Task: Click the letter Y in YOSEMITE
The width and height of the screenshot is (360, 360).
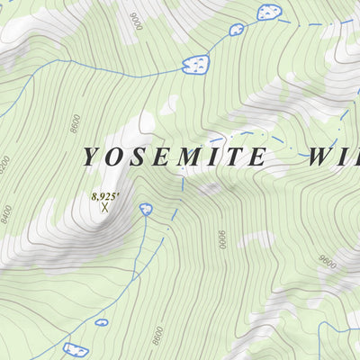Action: click(x=91, y=157)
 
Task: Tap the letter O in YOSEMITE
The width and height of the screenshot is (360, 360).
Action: click(x=115, y=157)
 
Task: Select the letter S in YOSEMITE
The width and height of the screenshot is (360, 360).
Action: click(x=139, y=157)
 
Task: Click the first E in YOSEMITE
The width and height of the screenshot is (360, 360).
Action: click(x=160, y=157)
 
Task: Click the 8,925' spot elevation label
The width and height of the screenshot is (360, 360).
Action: click(x=105, y=194)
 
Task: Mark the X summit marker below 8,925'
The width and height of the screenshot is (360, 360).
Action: click(x=104, y=207)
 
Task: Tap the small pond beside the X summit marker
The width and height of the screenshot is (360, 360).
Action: click(x=146, y=209)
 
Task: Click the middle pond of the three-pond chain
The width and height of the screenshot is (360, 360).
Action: click(x=237, y=29)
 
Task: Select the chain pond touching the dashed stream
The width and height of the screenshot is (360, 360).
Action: click(x=268, y=12)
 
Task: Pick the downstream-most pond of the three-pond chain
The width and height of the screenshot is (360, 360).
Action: click(x=195, y=65)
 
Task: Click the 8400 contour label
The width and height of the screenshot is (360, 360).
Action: click(x=8, y=213)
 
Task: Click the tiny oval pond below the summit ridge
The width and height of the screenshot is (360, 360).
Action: click(x=102, y=321)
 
